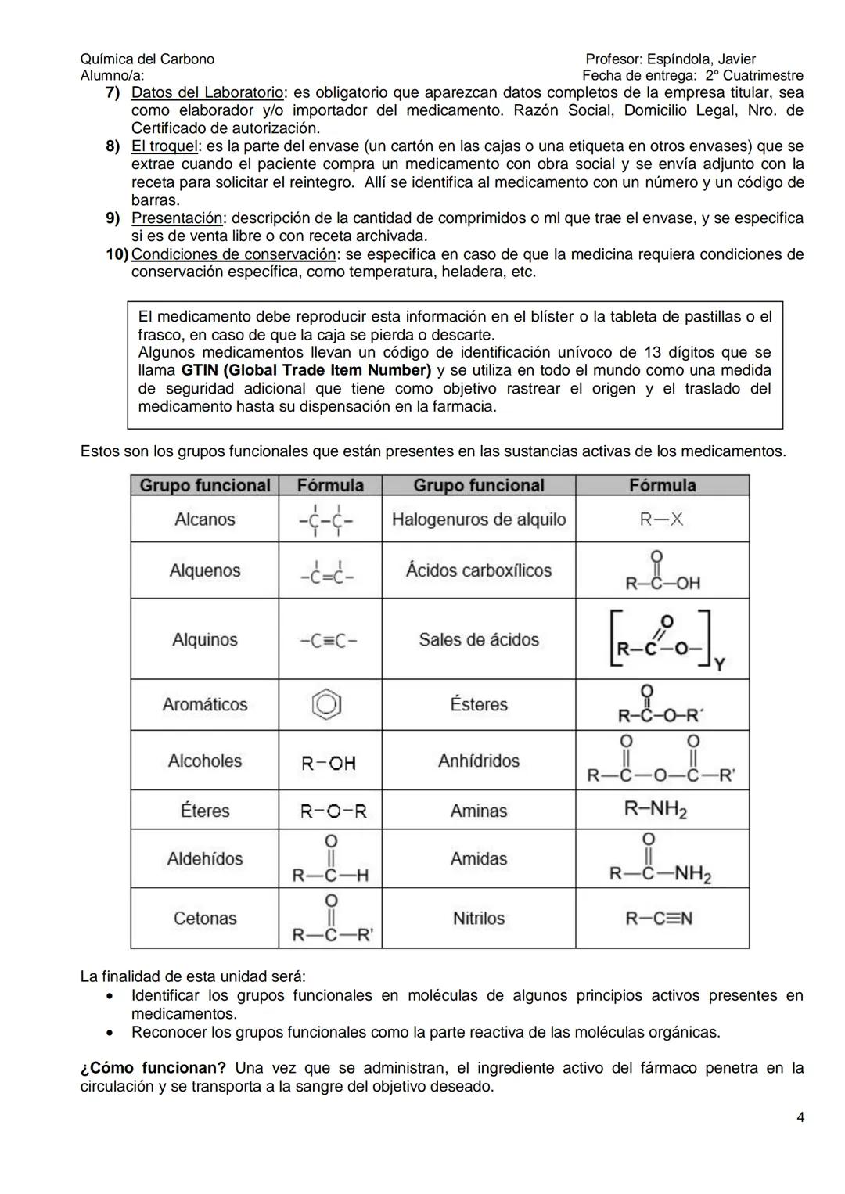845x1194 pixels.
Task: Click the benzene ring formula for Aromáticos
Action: tap(326, 705)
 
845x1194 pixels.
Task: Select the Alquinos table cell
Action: tap(204, 639)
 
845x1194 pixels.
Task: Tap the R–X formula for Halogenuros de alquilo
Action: tap(661, 520)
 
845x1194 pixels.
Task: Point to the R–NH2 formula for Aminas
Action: tap(656, 809)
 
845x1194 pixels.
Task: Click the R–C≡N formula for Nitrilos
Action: tap(659, 918)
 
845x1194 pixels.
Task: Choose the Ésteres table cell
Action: tap(478, 704)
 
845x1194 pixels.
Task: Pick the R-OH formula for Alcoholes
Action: tap(329, 763)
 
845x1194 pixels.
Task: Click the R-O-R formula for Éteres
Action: tap(333, 811)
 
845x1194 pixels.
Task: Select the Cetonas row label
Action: tap(204, 918)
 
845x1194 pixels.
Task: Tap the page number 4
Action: tap(800, 1117)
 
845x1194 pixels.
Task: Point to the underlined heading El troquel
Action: tap(164, 146)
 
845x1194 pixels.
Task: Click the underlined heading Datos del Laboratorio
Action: tap(207, 92)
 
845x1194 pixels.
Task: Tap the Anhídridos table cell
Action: tap(478, 761)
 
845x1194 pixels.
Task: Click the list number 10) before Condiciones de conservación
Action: tap(117, 254)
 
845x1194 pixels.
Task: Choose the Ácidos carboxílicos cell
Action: tap(478, 570)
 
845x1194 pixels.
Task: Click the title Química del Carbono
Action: tap(147, 59)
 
